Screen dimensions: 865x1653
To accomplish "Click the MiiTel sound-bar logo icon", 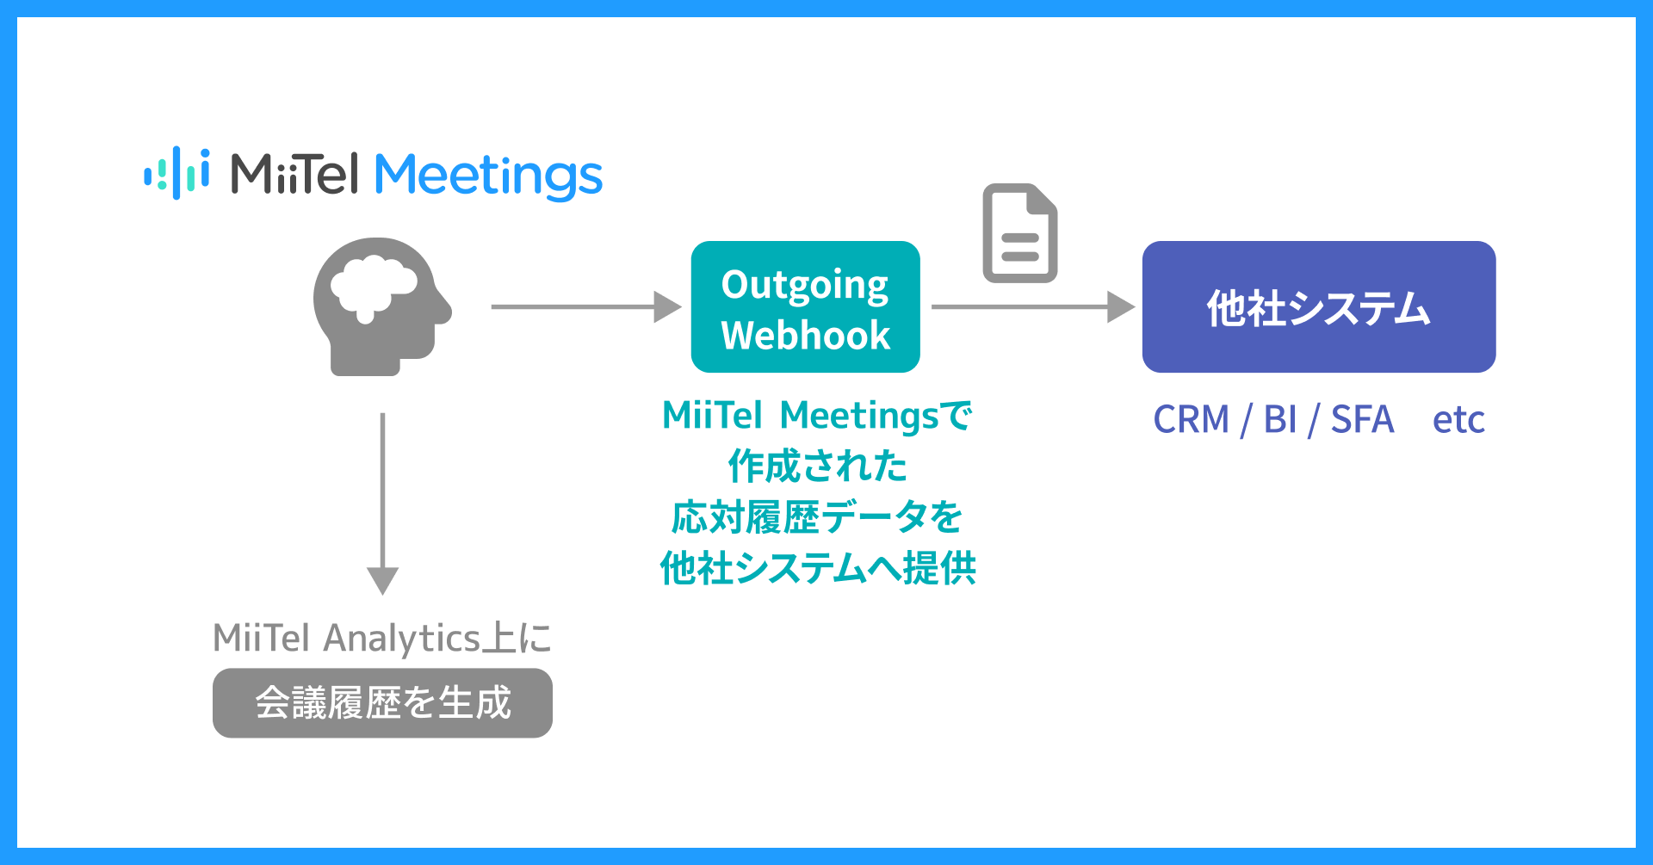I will coord(176,172).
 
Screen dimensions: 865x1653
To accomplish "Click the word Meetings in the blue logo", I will coord(488,176).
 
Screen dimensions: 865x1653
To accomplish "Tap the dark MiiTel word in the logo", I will coord(294,174).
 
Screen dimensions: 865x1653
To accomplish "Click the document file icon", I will coord(1020,233).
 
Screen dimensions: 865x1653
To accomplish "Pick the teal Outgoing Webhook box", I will coord(805,306).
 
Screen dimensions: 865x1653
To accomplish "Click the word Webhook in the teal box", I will coord(805,335).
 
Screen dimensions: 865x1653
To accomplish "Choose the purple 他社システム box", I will coord(1318,306).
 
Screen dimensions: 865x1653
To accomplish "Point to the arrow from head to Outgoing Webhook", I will coord(585,306).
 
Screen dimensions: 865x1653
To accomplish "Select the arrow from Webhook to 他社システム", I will coord(1032,306).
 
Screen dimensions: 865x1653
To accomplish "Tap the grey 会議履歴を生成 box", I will coord(382,703).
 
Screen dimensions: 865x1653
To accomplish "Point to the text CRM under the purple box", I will coord(1191,420).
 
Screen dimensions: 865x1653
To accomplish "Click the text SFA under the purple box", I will coord(1362,420).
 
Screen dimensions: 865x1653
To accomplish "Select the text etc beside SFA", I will coord(1458,420).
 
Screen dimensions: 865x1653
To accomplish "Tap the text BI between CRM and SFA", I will coord(1280,420).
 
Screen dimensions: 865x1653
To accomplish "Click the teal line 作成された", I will coord(817,466).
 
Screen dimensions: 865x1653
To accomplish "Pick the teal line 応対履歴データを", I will coord(817,517).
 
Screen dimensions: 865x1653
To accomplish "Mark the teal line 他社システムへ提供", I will coord(817,568).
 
